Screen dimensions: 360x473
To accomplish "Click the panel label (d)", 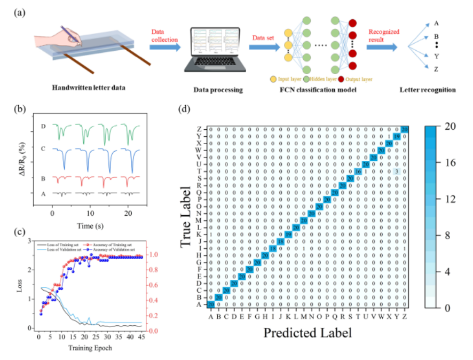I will pos(184,109).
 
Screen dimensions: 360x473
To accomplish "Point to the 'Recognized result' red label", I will pos(384,36).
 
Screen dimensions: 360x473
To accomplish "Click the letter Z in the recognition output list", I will pos(437,69).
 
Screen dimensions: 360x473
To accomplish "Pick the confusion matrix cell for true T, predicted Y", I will pos(397,171).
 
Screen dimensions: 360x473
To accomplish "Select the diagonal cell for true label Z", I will pos(405,129).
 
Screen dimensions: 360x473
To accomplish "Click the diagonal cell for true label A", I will pos(211,304).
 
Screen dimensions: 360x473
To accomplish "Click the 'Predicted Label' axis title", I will pos(307,333).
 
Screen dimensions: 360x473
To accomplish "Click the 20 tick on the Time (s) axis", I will pos(128,206).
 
